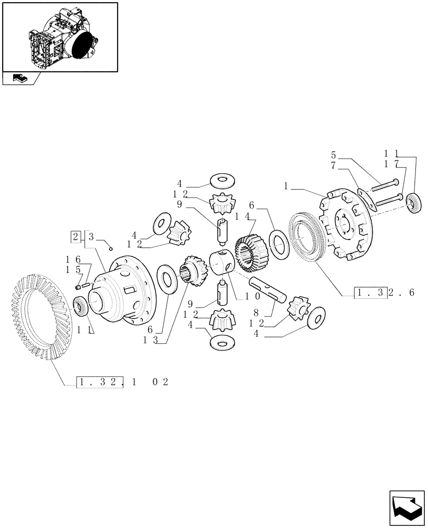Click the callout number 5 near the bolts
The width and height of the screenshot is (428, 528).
(x=333, y=155)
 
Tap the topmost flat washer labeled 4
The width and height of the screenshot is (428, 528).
(x=222, y=181)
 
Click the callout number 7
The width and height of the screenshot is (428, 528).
(x=333, y=165)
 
